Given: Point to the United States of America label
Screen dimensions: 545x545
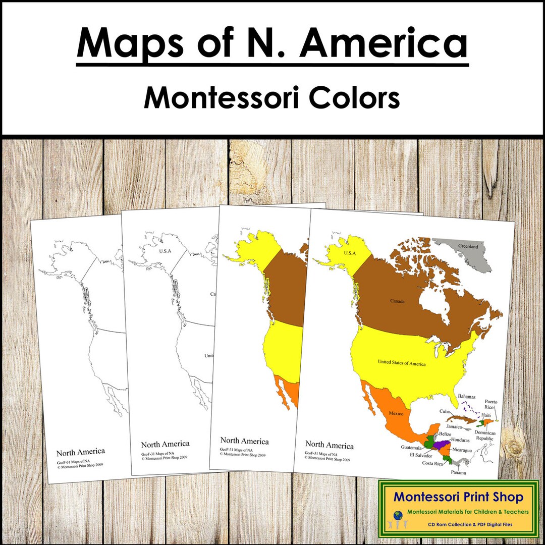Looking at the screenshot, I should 401,363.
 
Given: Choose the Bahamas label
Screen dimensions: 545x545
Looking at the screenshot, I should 467,397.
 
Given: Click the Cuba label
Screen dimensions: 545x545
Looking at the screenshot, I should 445,412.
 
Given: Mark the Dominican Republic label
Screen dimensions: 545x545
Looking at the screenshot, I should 484,436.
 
